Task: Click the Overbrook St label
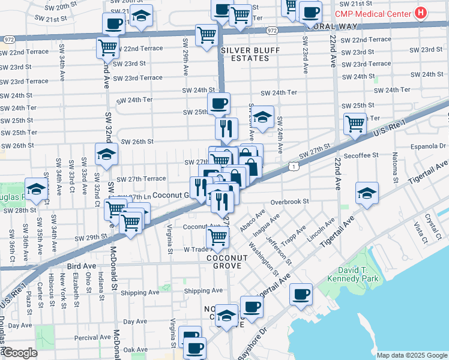tap(289, 202)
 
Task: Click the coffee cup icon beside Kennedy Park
tap(300, 295)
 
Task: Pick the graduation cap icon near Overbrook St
tap(367, 193)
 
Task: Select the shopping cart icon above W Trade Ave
tap(217, 236)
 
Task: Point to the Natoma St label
tap(395, 169)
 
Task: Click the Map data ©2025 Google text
tap(411, 355)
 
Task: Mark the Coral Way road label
tap(337, 26)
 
